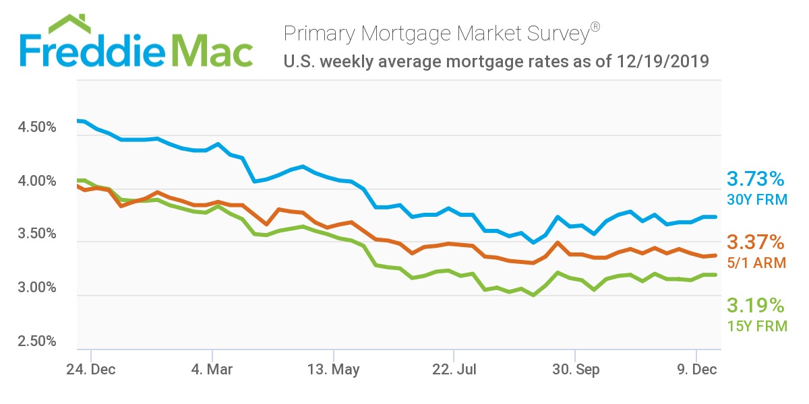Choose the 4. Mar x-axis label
coord(212,370)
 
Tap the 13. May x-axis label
coord(333,370)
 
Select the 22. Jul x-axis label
coord(454,370)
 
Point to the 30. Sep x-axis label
coord(575,370)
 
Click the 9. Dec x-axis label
coord(696,370)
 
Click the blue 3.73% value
coord(756,179)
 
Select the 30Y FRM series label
coord(756,199)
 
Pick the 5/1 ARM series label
coord(756,263)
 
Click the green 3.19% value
coord(756,306)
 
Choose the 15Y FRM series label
coord(756,327)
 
